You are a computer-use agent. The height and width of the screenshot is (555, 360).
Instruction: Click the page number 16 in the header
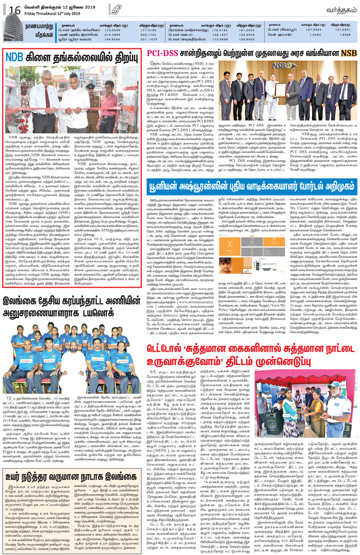coord(15,10)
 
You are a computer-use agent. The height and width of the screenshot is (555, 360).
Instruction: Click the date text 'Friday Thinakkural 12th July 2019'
coord(52,14)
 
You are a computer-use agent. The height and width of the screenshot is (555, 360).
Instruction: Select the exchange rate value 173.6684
coord(112,30)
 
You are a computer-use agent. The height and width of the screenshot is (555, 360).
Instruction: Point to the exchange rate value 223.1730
coord(148,35)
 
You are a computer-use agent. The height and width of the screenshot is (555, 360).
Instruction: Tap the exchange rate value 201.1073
coord(148,39)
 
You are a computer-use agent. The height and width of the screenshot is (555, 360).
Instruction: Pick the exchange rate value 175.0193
coord(220,30)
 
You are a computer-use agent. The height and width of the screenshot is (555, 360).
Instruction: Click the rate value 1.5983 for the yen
coord(315,35)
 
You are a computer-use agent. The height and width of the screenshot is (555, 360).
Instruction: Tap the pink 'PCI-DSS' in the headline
coord(162,53)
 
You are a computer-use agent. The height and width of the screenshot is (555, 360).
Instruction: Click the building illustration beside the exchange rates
coord(12,32)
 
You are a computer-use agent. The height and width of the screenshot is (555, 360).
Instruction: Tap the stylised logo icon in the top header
coord(116,10)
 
